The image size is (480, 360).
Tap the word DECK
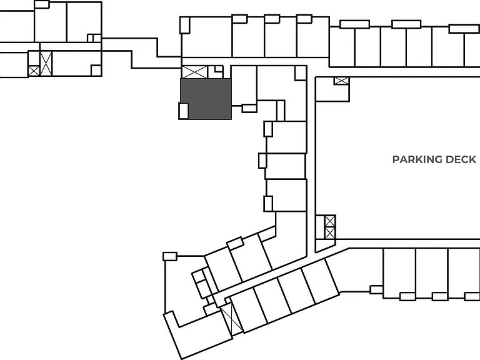click(x=461, y=159)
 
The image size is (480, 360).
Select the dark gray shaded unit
click(x=209, y=98)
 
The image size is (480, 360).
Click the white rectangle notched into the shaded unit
click(x=183, y=111)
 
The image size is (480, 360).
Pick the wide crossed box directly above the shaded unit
click(x=195, y=72)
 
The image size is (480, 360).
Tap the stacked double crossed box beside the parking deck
click(x=330, y=227)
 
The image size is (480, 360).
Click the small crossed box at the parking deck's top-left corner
click(x=341, y=81)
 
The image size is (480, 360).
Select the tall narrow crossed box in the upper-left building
click(x=46, y=63)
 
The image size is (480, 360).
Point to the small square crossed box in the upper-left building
click(x=34, y=71)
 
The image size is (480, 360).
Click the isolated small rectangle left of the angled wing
click(x=170, y=256)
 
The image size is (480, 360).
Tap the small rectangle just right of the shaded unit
click(x=249, y=108)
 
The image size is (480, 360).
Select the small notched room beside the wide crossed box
click(x=216, y=72)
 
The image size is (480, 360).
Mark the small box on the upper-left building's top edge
click(x=42, y=4)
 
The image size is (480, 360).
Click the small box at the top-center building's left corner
click(x=184, y=25)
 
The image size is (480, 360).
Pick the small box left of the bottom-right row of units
click(x=376, y=289)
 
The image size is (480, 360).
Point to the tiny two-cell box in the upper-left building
click(x=94, y=38)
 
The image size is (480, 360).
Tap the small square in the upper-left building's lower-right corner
click(x=96, y=71)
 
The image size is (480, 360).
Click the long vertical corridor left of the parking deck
click(x=311, y=164)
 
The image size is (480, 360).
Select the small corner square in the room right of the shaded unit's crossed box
click(x=301, y=73)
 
